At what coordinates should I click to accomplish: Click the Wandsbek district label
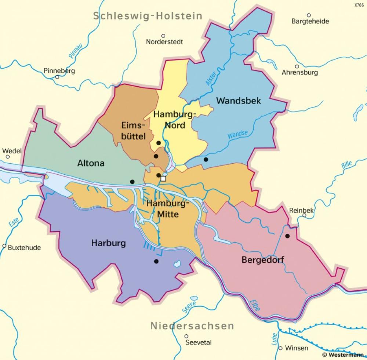point(239,101)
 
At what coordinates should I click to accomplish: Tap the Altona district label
point(91,163)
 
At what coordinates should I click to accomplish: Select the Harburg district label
point(108,243)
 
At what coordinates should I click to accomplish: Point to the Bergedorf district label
point(263,260)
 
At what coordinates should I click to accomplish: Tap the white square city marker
point(163,179)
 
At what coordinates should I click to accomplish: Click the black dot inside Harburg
point(156,262)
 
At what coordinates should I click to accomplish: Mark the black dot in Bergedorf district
point(287,236)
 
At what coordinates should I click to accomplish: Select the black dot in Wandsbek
point(206,159)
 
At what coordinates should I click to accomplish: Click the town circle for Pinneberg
point(57,77)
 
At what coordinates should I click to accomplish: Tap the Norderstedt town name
point(164,42)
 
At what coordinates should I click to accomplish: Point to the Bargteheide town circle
point(309,15)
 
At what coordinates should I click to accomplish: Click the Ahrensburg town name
point(299,73)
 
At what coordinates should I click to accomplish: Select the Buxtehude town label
point(25,247)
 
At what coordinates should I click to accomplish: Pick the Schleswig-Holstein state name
point(148,16)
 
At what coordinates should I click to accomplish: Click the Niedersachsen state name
point(192,326)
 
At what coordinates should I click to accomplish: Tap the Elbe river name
point(254,305)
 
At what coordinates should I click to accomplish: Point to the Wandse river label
point(237,135)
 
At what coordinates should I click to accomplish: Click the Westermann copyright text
point(343,355)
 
